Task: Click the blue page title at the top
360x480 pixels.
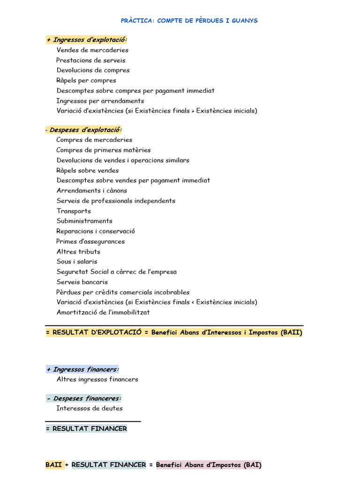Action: coord(189,21)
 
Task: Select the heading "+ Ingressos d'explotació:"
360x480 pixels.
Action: coord(87,40)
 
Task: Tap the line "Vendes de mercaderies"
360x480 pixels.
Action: coord(92,50)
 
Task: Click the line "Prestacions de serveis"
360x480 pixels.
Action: coord(91,60)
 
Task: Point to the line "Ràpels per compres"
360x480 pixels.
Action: coord(86,81)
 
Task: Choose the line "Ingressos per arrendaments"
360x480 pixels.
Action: coord(100,101)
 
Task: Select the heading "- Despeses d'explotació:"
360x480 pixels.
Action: coord(84,130)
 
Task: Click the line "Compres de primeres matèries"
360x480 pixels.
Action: coord(104,150)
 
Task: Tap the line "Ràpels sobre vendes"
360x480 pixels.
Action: coord(88,171)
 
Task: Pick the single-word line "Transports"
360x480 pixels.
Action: coord(74,211)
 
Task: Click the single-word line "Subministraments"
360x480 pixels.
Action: coord(84,221)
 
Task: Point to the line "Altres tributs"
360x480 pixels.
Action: coord(78,252)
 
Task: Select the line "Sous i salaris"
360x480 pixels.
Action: coord(77,262)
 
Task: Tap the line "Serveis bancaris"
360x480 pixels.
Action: coord(82,282)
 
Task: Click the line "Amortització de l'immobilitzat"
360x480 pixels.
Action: coord(103,312)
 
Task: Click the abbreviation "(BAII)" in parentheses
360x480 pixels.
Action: coord(292,333)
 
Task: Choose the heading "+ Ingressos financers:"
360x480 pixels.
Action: coord(82,369)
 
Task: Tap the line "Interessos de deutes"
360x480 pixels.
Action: coord(90,408)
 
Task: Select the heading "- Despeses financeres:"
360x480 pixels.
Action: coord(84,398)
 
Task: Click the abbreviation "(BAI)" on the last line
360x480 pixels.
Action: coord(253,465)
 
